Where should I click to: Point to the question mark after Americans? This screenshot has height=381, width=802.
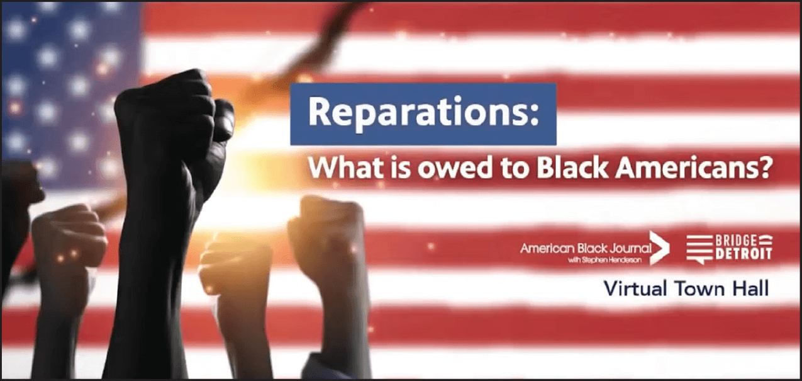click(762, 168)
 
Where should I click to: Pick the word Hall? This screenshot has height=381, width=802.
click(752, 288)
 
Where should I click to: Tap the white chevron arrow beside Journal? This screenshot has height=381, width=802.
click(659, 248)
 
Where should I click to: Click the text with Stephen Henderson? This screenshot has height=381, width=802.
click(605, 260)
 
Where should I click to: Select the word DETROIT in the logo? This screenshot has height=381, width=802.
click(744, 254)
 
